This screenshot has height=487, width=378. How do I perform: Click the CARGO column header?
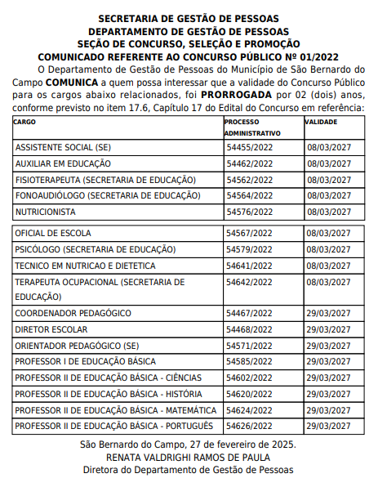coord(25,122)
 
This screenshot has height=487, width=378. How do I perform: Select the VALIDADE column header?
coord(322,122)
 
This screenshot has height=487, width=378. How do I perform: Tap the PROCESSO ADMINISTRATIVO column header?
coord(252,127)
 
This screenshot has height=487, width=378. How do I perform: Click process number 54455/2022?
coord(249,148)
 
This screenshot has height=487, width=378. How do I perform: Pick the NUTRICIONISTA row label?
coord(47,212)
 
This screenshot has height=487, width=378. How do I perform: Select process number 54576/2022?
coord(249,212)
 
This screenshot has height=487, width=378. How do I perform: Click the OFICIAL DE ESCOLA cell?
coord(53,234)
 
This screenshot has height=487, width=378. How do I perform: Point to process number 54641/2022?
coord(249,266)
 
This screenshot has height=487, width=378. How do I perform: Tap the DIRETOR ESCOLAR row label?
coord(50,329)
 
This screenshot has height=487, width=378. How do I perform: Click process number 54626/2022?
coord(249,426)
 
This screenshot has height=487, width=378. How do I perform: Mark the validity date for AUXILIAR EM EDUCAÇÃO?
coord(328,164)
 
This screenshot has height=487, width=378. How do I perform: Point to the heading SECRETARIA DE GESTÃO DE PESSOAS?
coord(189,18)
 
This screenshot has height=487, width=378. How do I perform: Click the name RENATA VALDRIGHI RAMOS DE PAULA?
coord(189,457)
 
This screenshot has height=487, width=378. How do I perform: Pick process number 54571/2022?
coord(249,346)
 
